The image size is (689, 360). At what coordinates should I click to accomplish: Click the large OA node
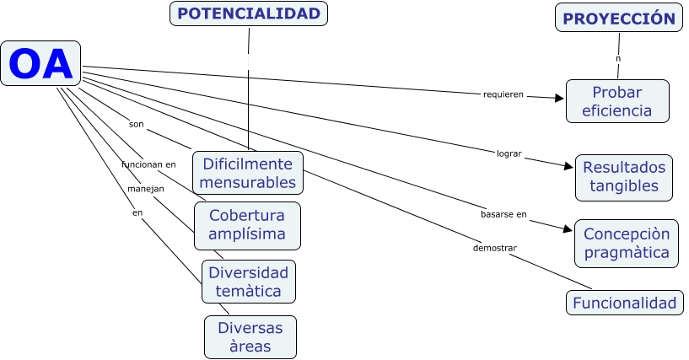[x=40, y=63]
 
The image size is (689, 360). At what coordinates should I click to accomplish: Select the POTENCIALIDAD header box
[x=249, y=13]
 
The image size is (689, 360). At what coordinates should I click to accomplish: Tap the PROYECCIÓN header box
[x=618, y=18]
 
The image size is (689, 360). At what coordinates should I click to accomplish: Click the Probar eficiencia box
[x=616, y=101]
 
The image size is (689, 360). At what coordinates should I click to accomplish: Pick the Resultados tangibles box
[x=624, y=176]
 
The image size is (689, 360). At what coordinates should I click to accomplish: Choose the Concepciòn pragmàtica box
[x=627, y=243]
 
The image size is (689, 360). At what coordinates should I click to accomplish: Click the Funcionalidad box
[x=624, y=303]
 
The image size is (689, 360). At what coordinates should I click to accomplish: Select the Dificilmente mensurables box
[x=248, y=172]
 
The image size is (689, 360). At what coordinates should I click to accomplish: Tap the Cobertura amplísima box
[x=247, y=224]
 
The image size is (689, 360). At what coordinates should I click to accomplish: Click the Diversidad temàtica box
[x=248, y=282]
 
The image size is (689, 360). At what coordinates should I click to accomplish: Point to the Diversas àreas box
[x=250, y=336]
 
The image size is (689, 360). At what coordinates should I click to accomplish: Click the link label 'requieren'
[x=503, y=94]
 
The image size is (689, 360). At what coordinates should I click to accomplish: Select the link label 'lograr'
[x=509, y=153]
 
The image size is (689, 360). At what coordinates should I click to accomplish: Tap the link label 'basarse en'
[x=503, y=214]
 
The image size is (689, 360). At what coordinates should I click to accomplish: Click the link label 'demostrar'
[x=494, y=248]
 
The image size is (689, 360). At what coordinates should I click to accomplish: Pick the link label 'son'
[x=136, y=124]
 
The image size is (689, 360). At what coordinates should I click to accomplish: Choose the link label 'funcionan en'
[x=148, y=164]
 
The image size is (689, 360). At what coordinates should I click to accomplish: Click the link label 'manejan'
[x=145, y=188]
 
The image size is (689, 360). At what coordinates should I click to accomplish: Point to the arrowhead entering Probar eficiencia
[x=559, y=98]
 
